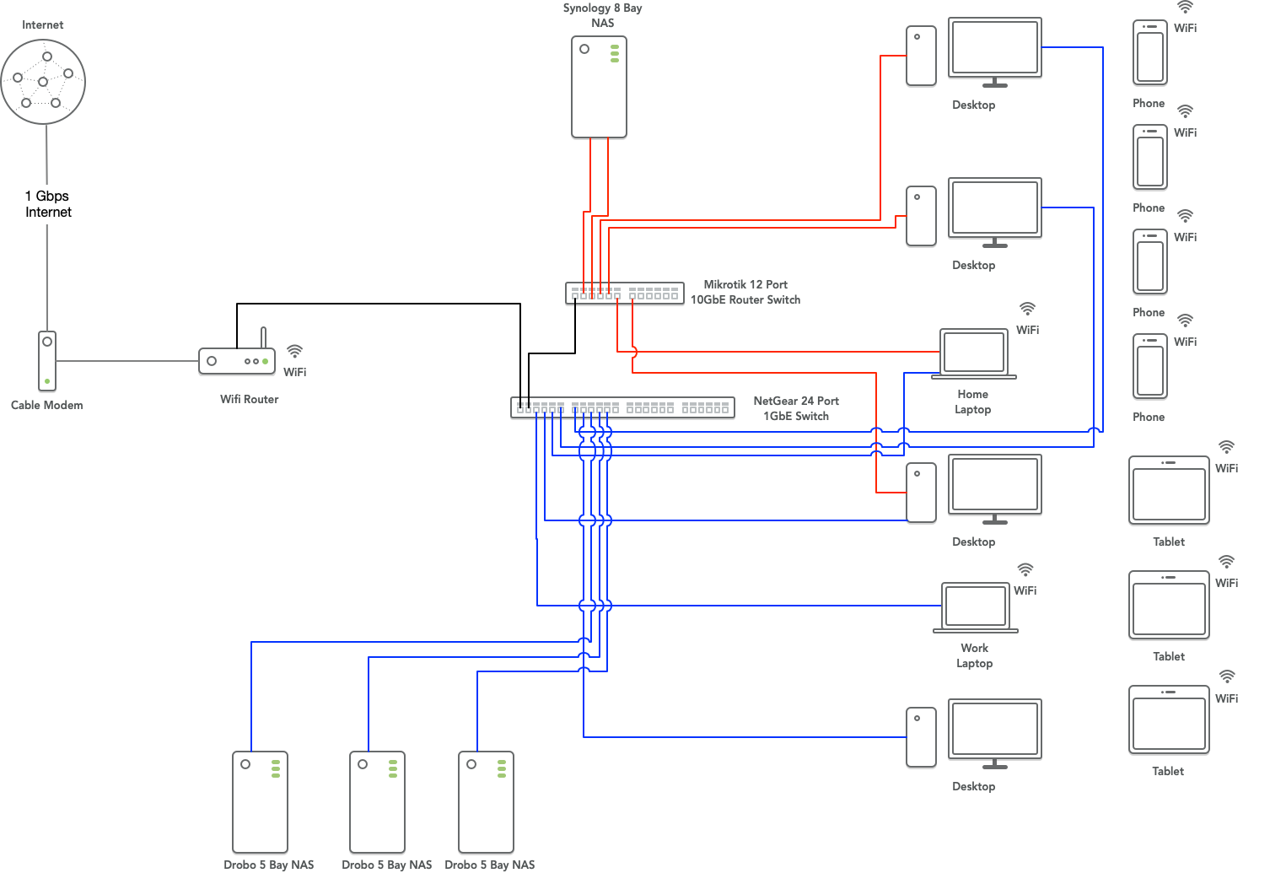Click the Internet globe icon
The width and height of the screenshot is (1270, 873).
click(x=43, y=82)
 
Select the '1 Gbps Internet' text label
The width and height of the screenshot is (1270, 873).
click(x=47, y=204)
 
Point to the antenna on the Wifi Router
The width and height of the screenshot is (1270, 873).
click(x=263, y=337)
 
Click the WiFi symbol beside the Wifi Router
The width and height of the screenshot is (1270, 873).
click(x=294, y=351)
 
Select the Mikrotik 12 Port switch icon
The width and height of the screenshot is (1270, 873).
click(x=624, y=294)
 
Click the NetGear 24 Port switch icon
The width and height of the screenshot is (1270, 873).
click(x=622, y=407)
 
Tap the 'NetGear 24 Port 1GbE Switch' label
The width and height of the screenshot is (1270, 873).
click(x=796, y=408)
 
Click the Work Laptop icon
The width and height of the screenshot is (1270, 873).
click(x=976, y=607)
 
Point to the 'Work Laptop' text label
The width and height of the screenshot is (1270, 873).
click(x=974, y=655)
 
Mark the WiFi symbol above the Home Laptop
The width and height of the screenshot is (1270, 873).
click(x=1027, y=309)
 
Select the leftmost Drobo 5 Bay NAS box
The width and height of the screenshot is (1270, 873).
click(x=260, y=802)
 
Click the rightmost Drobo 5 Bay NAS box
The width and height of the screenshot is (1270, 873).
click(x=486, y=802)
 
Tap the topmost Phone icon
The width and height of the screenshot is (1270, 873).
click(x=1149, y=52)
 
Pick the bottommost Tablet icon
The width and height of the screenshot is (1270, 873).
click(x=1169, y=720)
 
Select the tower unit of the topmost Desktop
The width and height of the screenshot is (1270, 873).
click(x=921, y=56)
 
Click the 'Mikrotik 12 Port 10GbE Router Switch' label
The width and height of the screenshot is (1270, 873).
click(x=745, y=292)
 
